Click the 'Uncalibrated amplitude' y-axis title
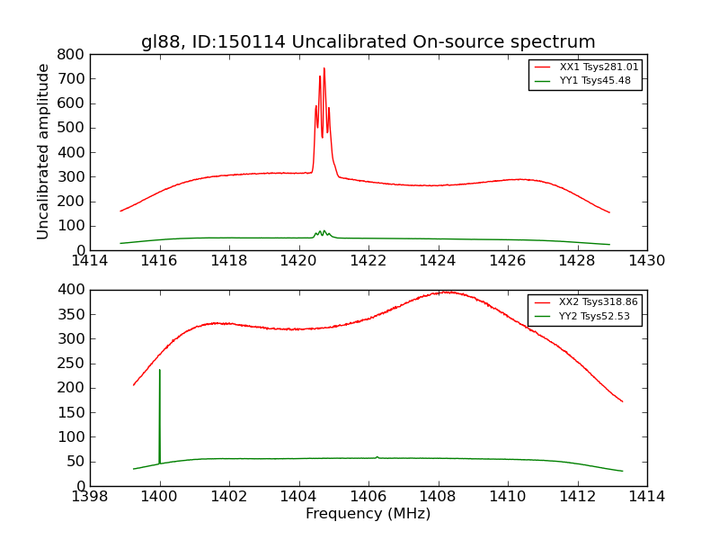(x=43, y=151)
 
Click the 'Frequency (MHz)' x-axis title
(x=368, y=514)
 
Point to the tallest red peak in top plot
(x=324, y=68)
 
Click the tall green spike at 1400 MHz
(x=160, y=370)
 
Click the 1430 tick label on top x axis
(x=646, y=261)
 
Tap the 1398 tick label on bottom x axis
(x=90, y=497)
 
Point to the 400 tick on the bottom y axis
(x=74, y=290)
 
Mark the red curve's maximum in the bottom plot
(x=446, y=292)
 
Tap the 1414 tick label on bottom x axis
(x=646, y=497)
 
